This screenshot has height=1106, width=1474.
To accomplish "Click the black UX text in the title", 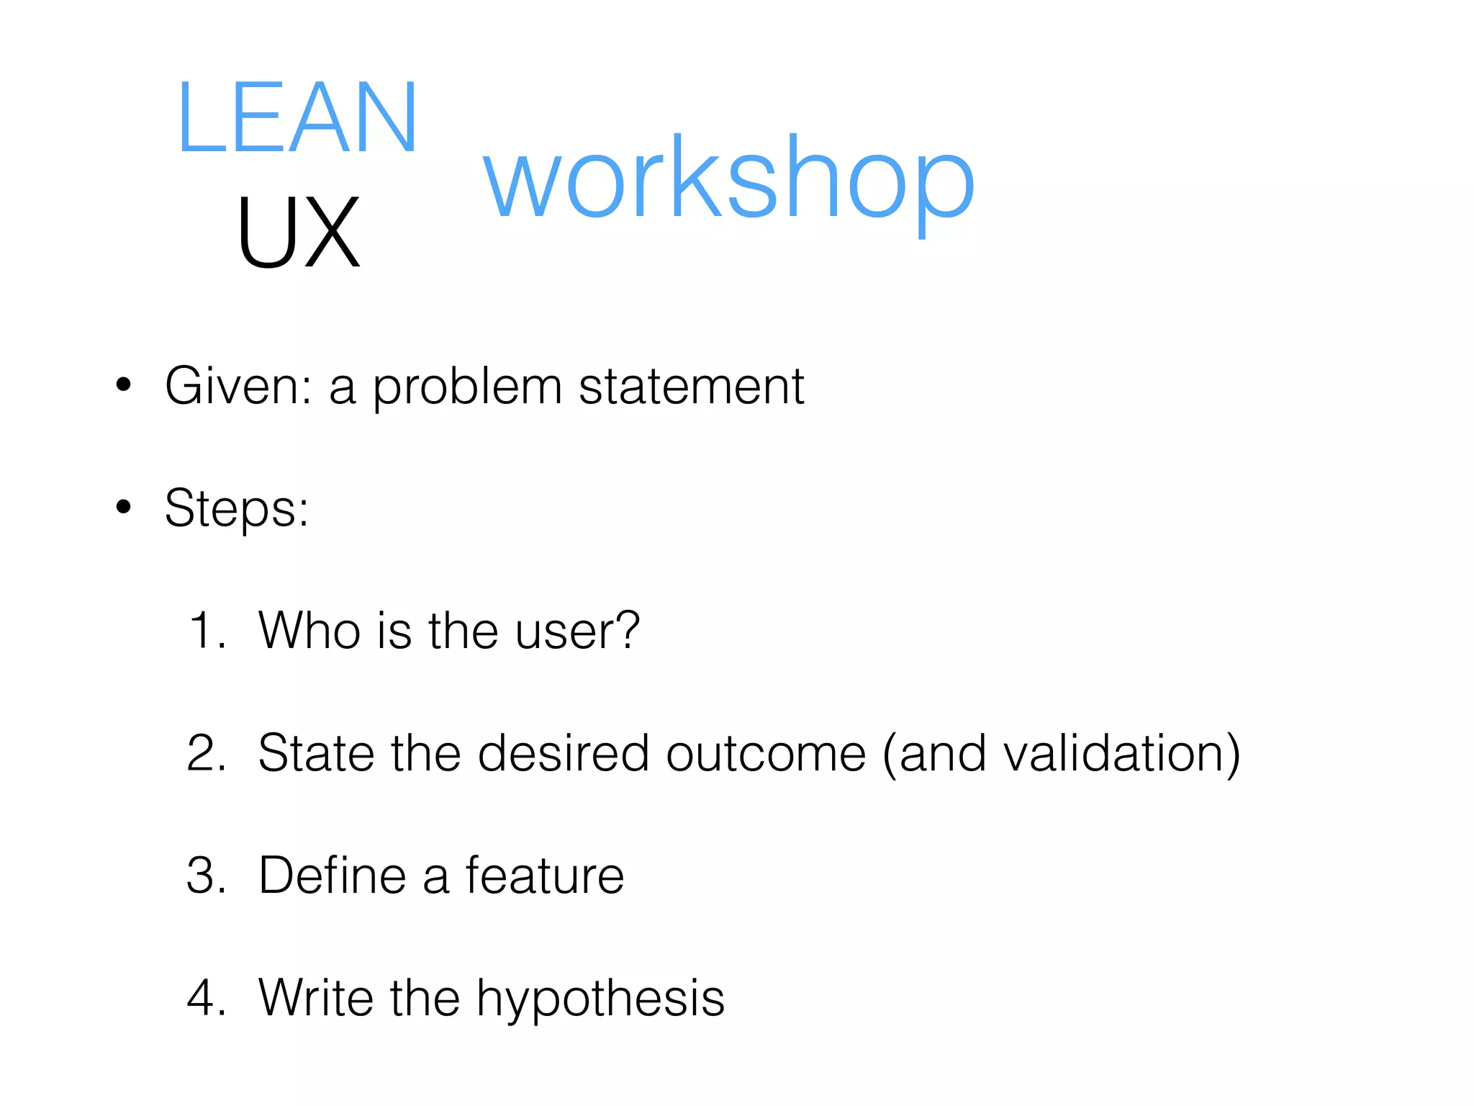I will click(x=297, y=233).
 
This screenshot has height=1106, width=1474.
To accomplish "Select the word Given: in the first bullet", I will click(x=238, y=387).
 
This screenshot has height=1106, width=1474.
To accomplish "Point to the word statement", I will click(x=691, y=387).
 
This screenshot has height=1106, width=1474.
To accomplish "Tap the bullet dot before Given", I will click(x=124, y=385).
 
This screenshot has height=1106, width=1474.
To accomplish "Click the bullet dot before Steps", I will click(x=124, y=507).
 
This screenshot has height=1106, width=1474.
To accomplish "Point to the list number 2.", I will click(x=206, y=753).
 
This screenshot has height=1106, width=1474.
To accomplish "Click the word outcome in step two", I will click(x=766, y=753).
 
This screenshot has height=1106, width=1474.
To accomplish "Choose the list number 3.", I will click(x=206, y=876).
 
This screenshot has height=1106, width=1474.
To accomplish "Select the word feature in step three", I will click(x=544, y=876).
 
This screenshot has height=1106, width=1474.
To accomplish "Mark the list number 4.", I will click(x=206, y=998).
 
